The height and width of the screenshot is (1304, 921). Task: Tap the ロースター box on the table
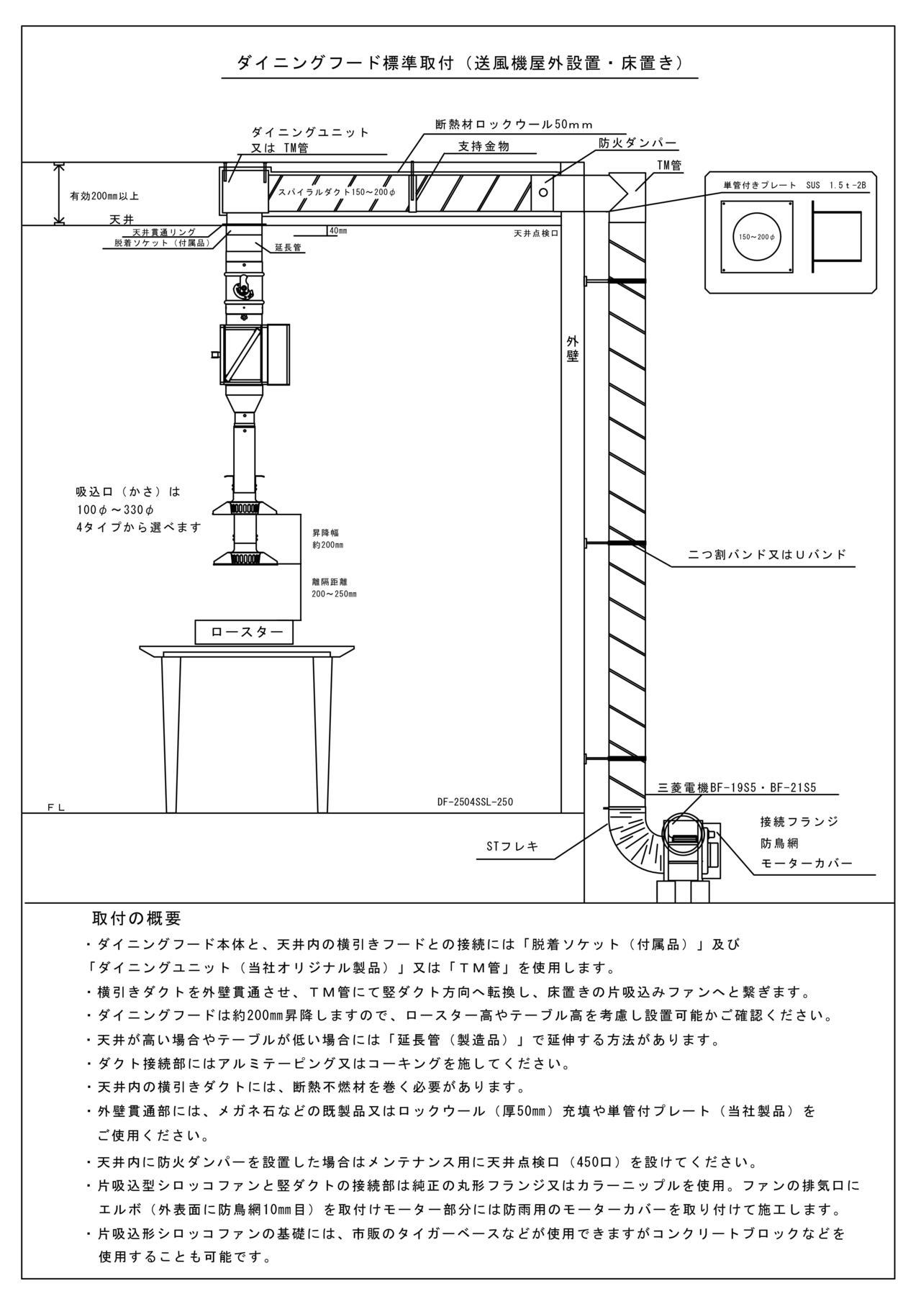coord(245,632)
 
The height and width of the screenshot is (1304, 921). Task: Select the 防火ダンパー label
coord(638,143)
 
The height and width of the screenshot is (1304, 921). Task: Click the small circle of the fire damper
coord(544,192)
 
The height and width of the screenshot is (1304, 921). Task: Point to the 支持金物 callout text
coord(484,146)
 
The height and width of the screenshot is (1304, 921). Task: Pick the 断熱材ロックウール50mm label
coord(514,124)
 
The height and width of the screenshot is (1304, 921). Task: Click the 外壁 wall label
coord(572,348)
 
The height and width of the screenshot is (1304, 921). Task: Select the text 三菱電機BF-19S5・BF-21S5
coord(737,787)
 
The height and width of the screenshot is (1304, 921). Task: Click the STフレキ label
coord(512,846)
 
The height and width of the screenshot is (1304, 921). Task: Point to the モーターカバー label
coord(807,863)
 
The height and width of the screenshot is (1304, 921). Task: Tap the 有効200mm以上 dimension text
coord(104,196)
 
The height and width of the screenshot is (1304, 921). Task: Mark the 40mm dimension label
coord(337,231)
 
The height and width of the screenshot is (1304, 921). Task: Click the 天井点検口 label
coord(536,234)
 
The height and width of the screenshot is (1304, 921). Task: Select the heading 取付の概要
coord(137,919)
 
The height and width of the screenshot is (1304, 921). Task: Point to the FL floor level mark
coord(56,807)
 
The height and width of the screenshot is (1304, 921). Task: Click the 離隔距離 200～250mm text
coord(334,587)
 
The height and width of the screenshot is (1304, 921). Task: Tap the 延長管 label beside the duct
coord(288,248)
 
